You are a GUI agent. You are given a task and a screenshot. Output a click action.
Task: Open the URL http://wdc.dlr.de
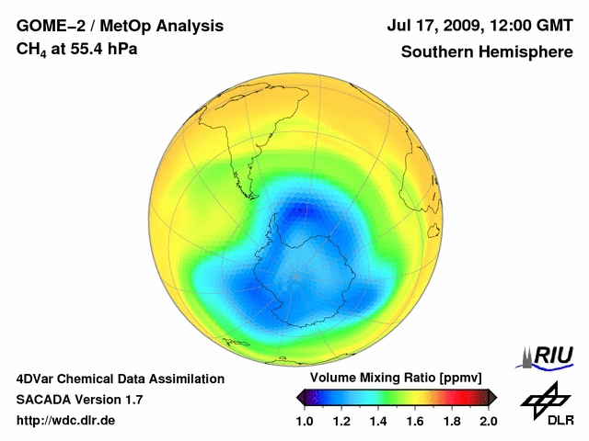(x=66, y=421)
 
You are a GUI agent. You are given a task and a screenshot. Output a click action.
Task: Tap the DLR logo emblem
(x=544, y=397)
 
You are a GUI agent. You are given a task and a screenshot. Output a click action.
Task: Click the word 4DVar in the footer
(x=36, y=379)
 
